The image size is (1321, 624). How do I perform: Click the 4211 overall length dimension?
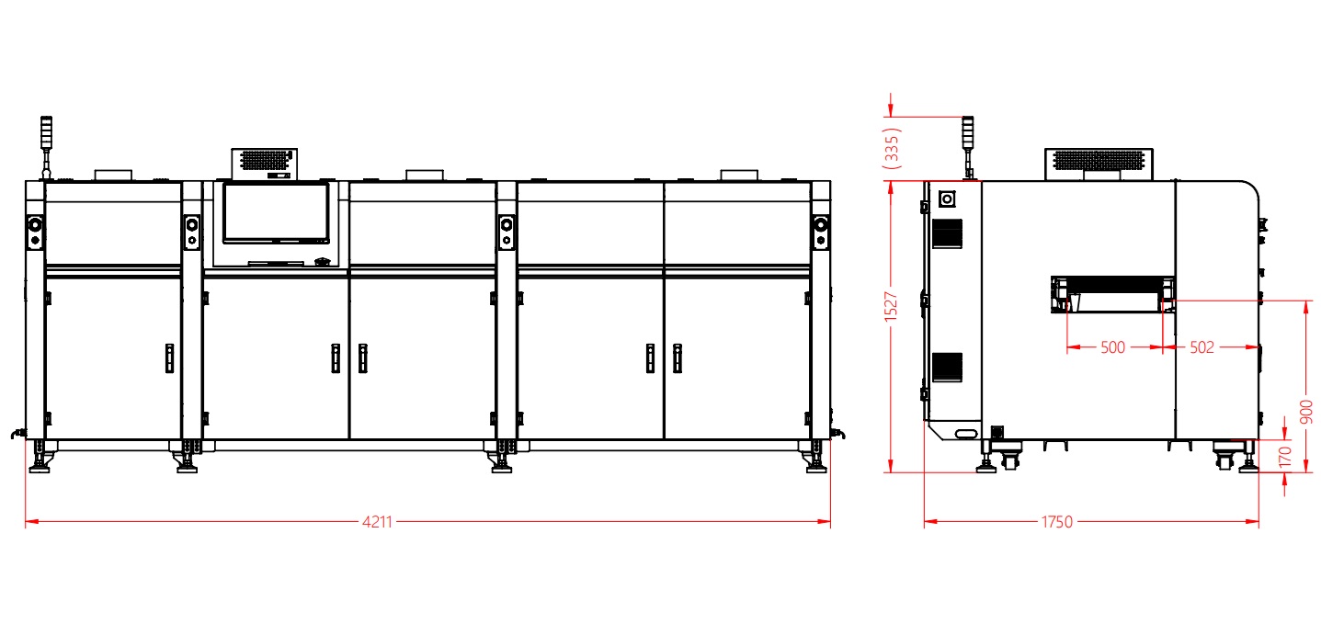pyautogui.click(x=377, y=522)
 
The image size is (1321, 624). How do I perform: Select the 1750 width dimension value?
pyautogui.click(x=1057, y=522)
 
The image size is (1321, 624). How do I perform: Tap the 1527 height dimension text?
pyautogui.click(x=891, y=307)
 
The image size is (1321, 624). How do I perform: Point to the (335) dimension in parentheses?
pyautogui.click(x=892, y=148)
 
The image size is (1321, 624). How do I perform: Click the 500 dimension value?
pyautogui.click(x=1113, y=347)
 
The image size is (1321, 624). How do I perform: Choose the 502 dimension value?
pyautogui.click(x=1201, y=347)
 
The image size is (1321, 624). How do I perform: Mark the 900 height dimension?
pyautogui.click(x=1306, y=412)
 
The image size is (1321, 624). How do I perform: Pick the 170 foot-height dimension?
pyautogui.click(x=1286, y=457)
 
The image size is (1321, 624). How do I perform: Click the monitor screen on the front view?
pyautogui.click(x=276, y=213)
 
